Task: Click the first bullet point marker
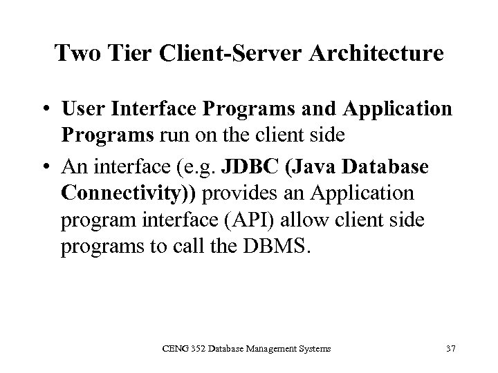[45, 111]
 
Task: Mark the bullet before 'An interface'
[45, 166]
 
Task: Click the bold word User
[82, 111]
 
